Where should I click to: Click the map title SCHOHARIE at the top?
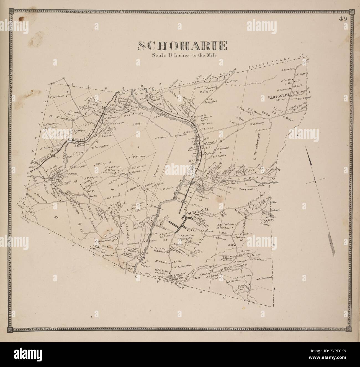182,46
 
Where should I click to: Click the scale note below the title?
184,55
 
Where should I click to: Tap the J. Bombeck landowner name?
57,97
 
